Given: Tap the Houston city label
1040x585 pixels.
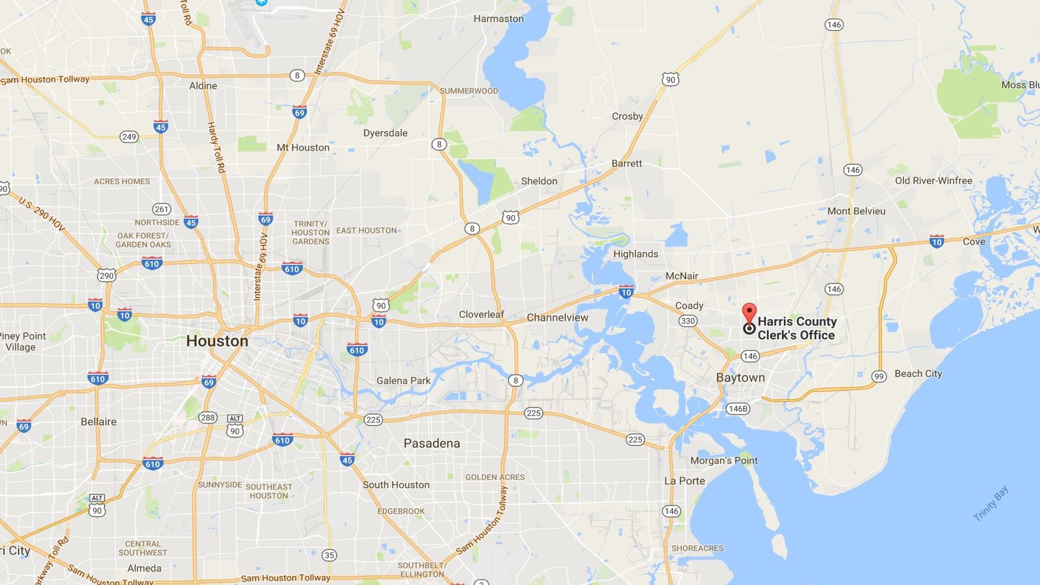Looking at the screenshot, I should point(217,341).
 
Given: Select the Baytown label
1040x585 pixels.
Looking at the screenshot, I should point(740,378).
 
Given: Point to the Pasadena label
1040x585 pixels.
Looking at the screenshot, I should point(432,443).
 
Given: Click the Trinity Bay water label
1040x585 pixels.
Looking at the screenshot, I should point(991,503).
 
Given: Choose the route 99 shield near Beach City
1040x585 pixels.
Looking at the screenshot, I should point(879,376).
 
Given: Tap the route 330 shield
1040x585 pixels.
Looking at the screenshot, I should point(688,320).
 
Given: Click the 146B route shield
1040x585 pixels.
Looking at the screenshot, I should point(738,409).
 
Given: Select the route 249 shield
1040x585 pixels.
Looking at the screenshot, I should point(129,136).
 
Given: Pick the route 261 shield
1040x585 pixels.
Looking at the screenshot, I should point(161,209).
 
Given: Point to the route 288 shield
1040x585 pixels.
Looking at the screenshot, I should point(208,417).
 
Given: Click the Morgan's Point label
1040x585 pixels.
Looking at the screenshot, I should point(724,460).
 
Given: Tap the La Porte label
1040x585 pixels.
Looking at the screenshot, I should point(684,481).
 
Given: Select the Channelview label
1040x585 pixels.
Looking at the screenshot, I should point(557,317).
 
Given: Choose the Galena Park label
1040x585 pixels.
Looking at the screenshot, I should point(403,381).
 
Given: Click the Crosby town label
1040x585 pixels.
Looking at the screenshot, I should point(627,116).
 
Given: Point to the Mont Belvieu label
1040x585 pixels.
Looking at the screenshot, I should point(856,211).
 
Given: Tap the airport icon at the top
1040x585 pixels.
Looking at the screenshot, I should point(261,3).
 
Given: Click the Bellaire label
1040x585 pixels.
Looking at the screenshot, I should point(99,421).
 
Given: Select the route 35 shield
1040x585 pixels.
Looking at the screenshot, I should point(330,555).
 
